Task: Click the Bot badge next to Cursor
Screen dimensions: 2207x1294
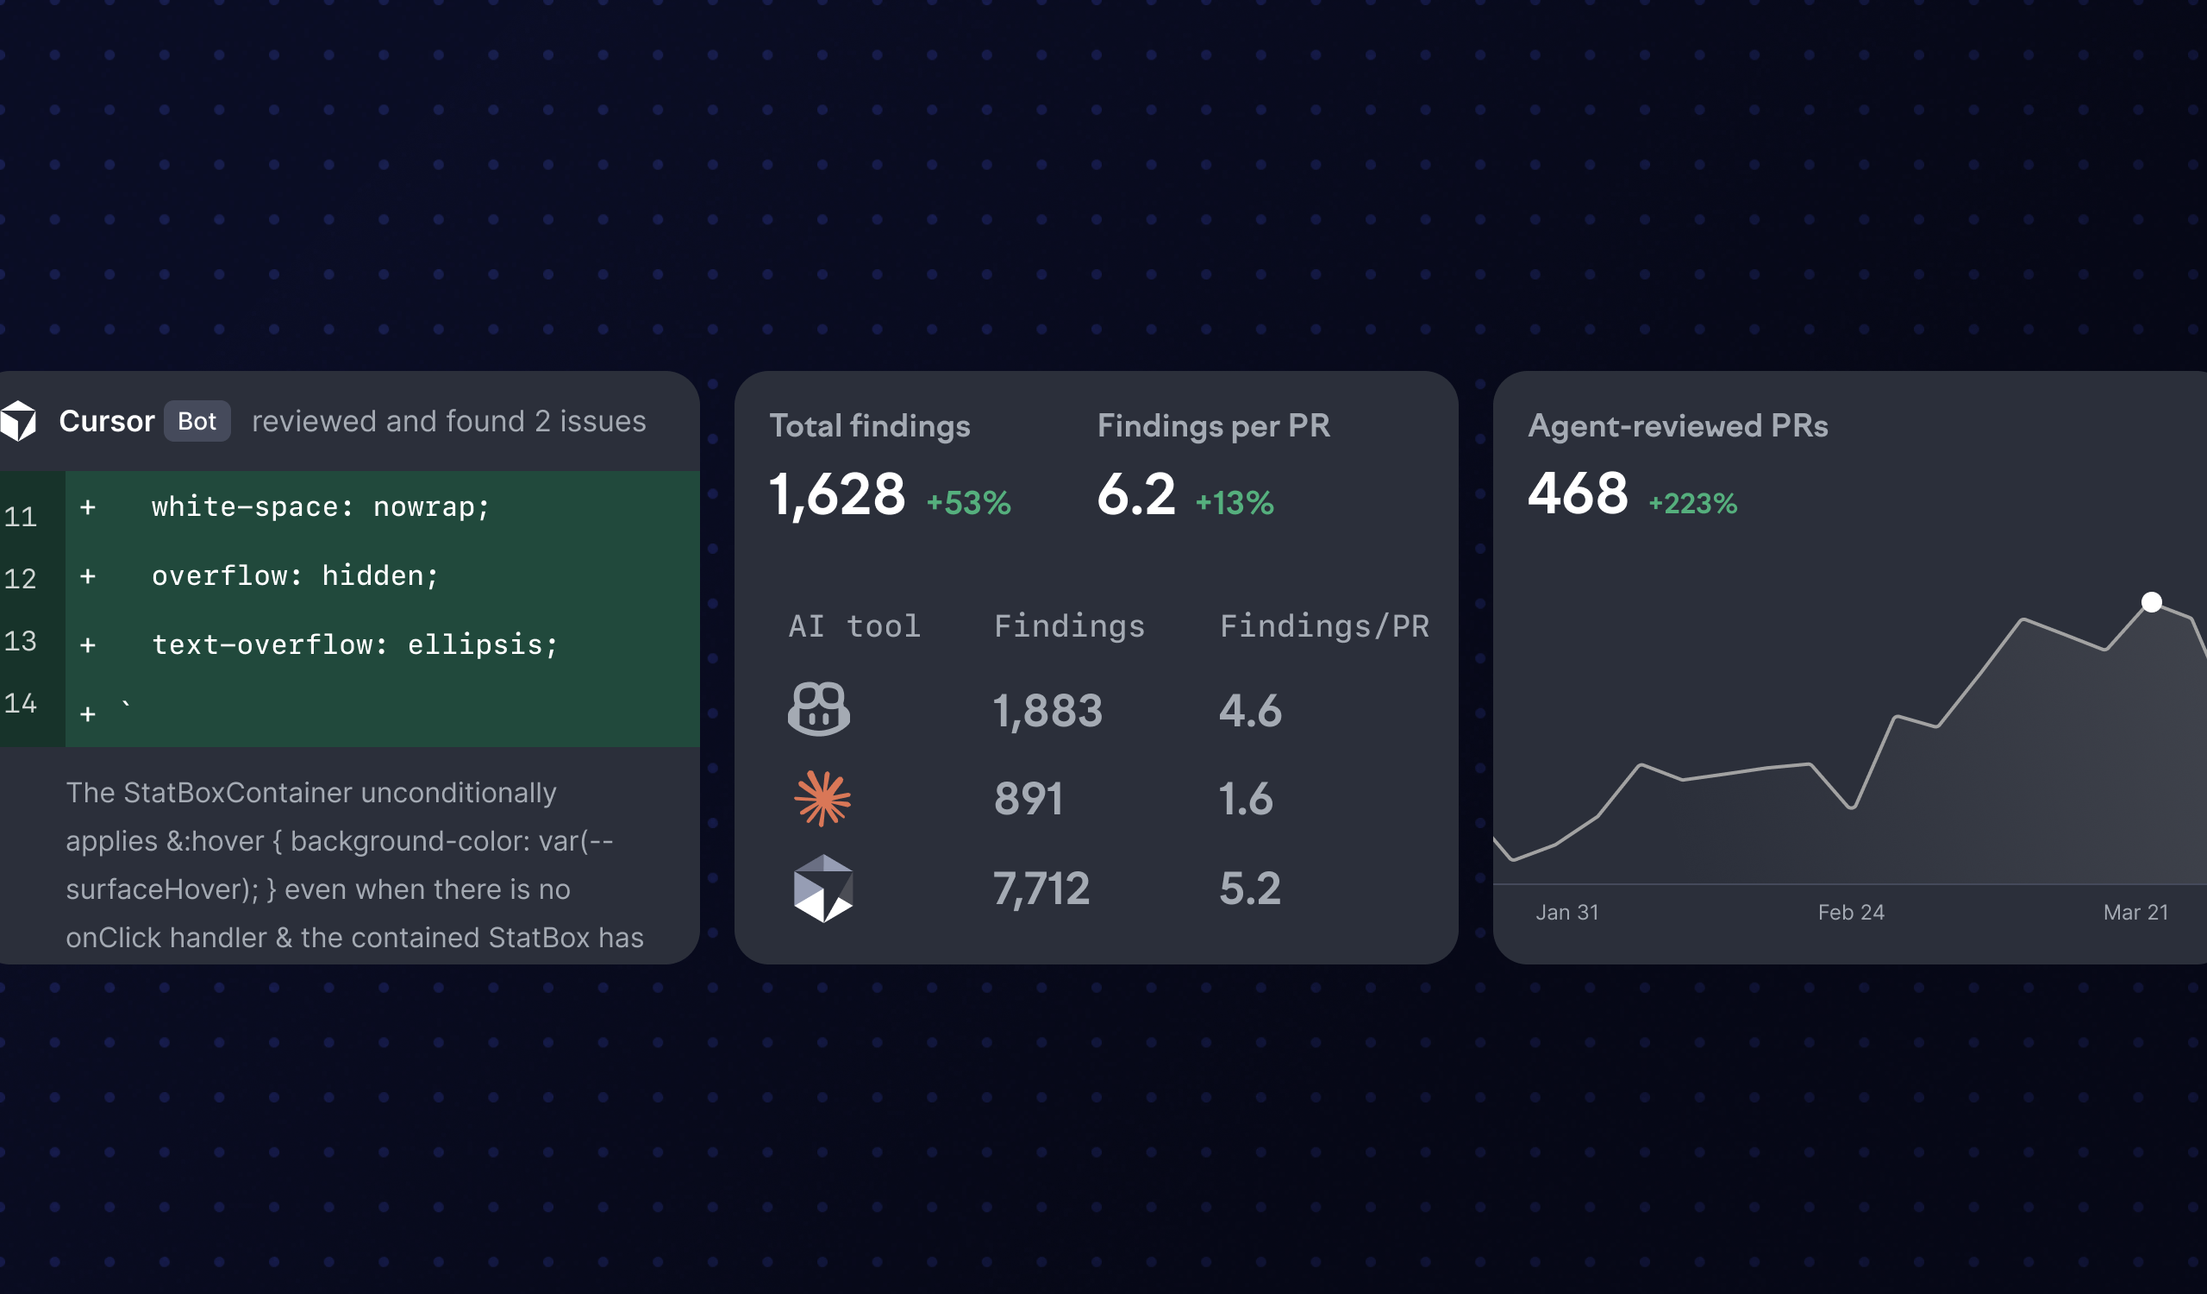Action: point(197,421)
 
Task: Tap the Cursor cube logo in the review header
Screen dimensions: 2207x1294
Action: point(18,421)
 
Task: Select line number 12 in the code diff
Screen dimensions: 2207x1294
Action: point(20,578)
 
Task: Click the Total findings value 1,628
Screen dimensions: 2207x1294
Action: point(836,494)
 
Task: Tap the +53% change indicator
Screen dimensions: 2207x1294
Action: point(969,503)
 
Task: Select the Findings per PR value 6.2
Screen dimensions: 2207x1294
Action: point(1136,494)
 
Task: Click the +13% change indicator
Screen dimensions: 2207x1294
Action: point(1235,503)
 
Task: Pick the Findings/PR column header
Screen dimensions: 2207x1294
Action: point(1324,626)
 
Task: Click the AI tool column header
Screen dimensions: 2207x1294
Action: point(853,626)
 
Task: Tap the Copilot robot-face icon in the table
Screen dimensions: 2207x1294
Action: point(819,709)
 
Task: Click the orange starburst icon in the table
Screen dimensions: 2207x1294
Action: point(822,798)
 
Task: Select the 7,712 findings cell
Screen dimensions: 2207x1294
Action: point(1041,889)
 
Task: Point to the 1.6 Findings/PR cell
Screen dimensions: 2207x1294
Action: point(1246,799)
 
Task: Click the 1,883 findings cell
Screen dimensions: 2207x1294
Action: point(1047,711)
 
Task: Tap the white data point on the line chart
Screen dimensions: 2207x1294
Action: point(2151,602)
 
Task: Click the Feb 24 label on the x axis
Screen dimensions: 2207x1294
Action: point(1851,913)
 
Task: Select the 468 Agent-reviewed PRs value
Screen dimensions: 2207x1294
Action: point(1578,493)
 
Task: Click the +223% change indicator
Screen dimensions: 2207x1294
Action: point(1693,504)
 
